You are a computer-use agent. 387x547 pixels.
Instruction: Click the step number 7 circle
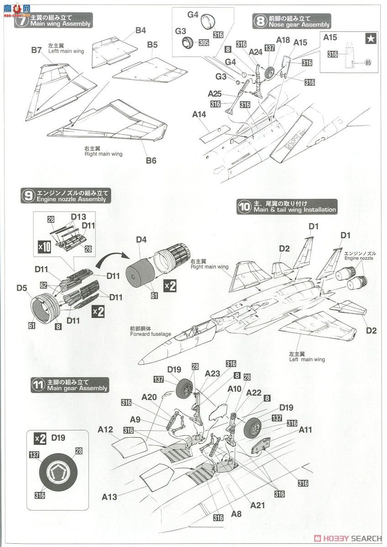click(x=21, y=21)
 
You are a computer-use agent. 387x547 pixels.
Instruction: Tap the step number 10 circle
click(x=244, y=206)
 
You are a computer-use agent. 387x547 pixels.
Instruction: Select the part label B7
click(x=37, y=50)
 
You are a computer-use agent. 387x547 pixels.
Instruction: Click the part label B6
click(x=151, y=160)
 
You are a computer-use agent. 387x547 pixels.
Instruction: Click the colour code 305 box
click(x=204, y=43)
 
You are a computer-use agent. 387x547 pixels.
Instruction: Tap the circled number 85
click(x=368, y=63)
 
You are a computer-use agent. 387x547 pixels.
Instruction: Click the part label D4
click(x=141, y=240)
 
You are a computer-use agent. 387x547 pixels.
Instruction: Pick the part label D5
click(x=22, y=288)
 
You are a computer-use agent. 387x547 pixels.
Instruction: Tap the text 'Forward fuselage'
click(x=150, y=334)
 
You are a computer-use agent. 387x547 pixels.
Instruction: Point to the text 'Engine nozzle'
click(x=360, y=258)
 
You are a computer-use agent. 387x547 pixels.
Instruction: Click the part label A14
click(x=199, y=115)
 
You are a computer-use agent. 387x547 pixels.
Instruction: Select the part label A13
click(x=110, y=497)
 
